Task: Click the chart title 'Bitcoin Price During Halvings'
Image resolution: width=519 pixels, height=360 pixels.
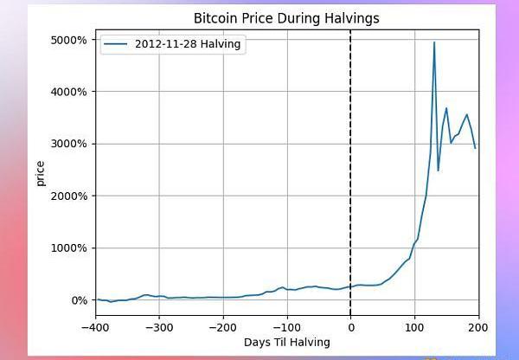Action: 286,17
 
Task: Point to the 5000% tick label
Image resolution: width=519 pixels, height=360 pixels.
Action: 69,40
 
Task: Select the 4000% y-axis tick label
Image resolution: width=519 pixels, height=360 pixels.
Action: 69,92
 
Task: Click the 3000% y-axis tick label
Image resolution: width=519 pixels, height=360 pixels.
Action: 69,144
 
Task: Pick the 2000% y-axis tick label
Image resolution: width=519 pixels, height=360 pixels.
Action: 69,196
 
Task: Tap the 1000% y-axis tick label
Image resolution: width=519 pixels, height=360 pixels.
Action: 69,248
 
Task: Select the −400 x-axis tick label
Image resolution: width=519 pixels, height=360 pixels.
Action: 96,328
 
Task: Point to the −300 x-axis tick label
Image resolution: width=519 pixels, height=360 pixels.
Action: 159,328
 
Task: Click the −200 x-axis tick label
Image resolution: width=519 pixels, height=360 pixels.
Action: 223,328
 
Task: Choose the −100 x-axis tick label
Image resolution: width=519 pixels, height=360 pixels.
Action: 286,328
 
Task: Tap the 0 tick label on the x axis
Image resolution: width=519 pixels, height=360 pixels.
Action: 350,328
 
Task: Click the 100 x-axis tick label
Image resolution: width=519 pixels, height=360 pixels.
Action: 414,328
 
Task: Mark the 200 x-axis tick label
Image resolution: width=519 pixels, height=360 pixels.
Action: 477,328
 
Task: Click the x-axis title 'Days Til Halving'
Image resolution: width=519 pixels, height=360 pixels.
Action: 286,342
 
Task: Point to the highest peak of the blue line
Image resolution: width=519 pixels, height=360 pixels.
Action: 434,42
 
